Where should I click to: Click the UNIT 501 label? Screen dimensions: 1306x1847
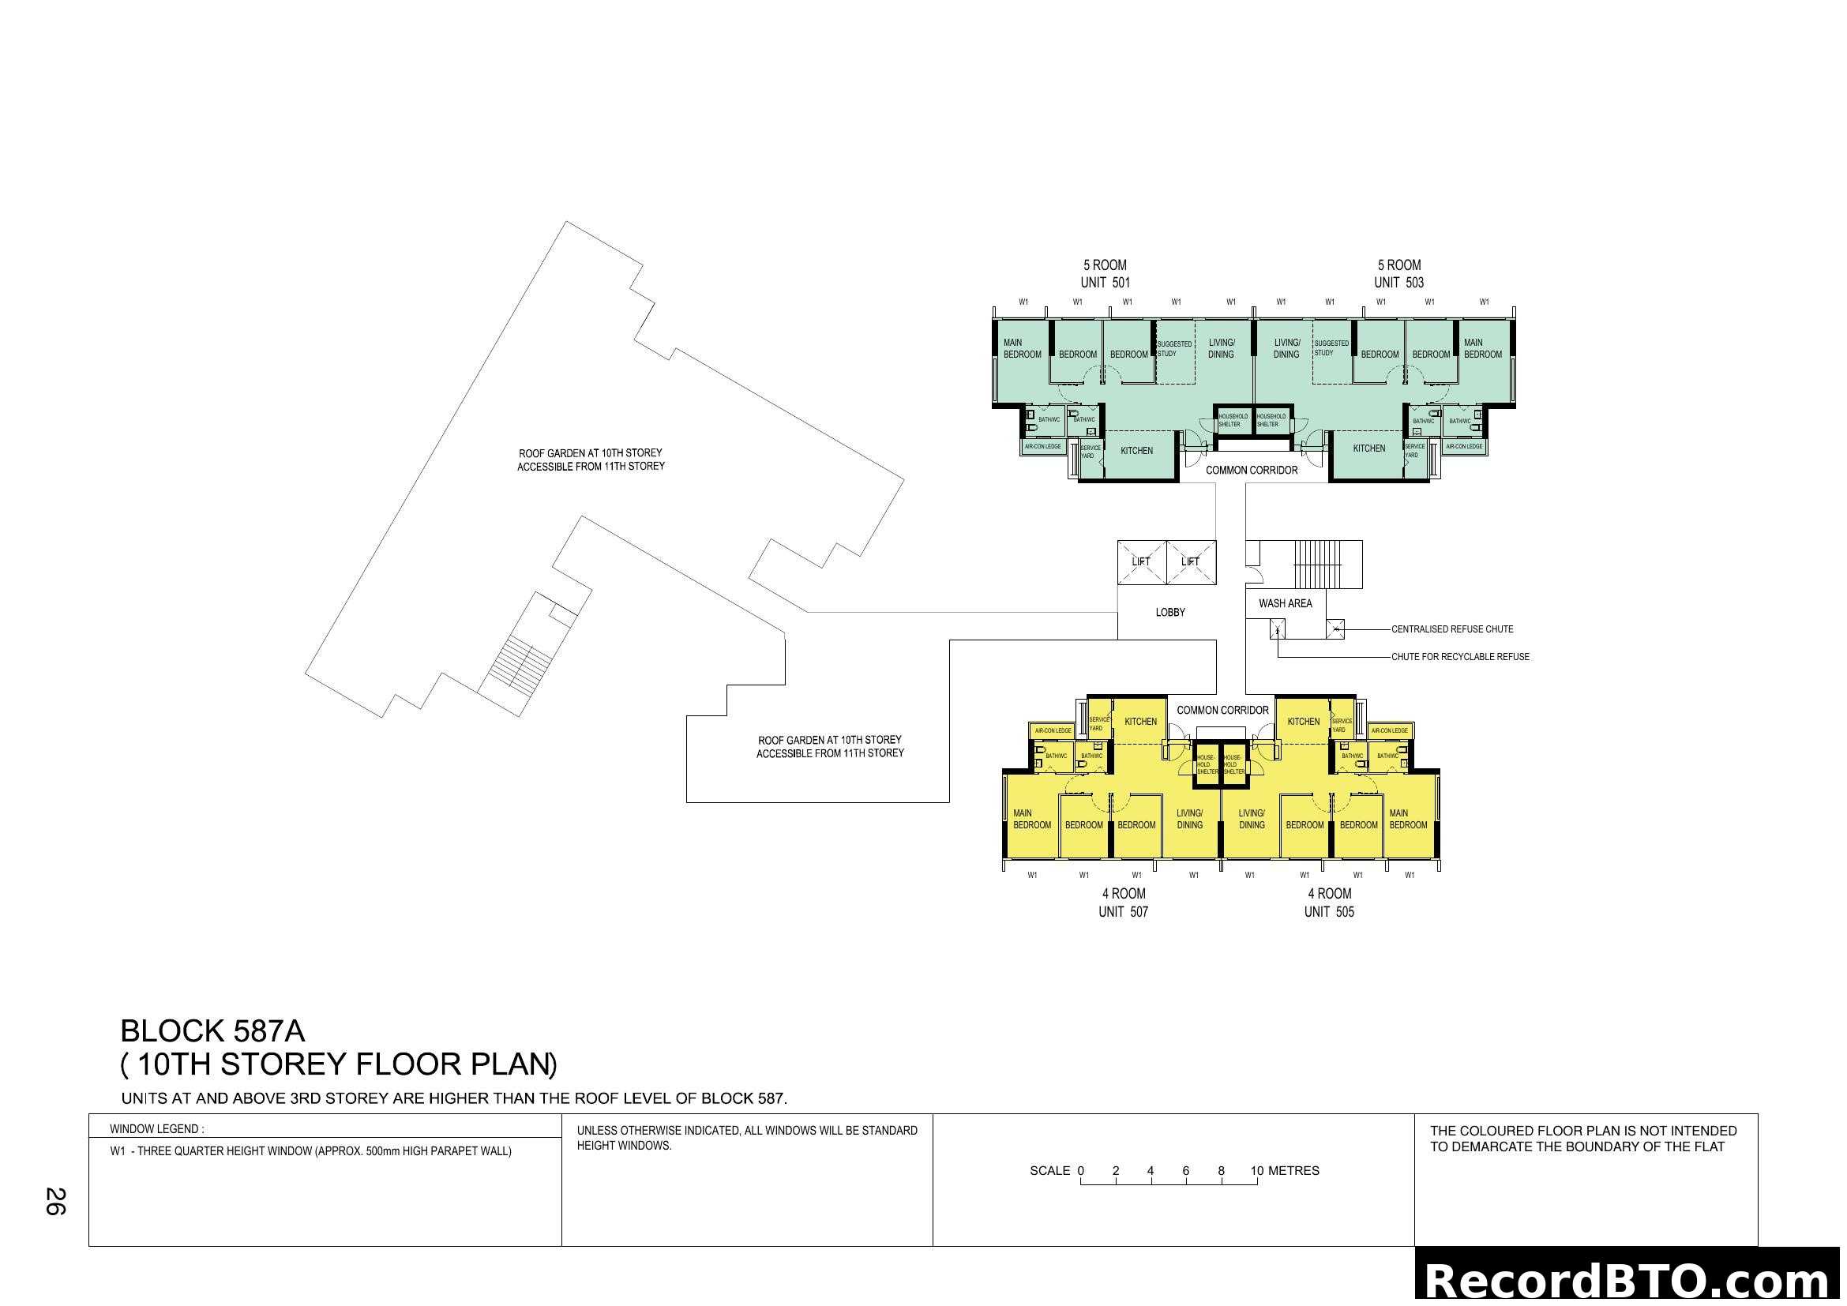pyautogui.click(x=1105, y=282)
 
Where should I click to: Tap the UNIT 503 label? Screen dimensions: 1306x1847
pyautogui.click(x=1398, y=282)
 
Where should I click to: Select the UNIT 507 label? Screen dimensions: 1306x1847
pyautogui.click(x=1123, y=912)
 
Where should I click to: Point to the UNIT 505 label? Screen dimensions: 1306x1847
pyautogui.click(x=1329, y=912)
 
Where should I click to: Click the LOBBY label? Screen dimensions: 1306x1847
pyautogui.click(x=1169, y=613)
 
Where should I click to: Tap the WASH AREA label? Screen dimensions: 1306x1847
pyautogui.click(x=1285, y=603)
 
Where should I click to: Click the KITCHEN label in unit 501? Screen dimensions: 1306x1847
pyautogui.click(x=1136, y=451)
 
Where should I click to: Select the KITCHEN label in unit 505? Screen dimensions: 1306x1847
pyautogui.click(x=1303, y=722)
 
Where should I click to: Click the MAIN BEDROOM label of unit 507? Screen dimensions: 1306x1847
pyautogui.click(x=1031, y=820)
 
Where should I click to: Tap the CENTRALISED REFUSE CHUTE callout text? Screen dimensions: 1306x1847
pyautogui.click(x=1452, y=629)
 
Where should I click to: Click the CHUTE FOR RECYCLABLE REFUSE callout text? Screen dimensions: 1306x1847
pyautogui.click(x=1460, y=657)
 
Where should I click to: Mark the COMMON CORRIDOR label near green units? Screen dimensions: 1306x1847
pyautogui.click(x=1251, y=471)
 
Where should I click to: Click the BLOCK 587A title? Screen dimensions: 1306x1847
pyautogui.click(x=212, y=1032)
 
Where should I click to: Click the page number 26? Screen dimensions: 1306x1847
pyautogui.click(x=55, y=1202)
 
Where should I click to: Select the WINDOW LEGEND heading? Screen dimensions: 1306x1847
pyautogui.click(x=157, y=1129)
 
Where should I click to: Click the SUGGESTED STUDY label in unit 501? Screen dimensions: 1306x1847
pyautogui.click(x=1173, y=348)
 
